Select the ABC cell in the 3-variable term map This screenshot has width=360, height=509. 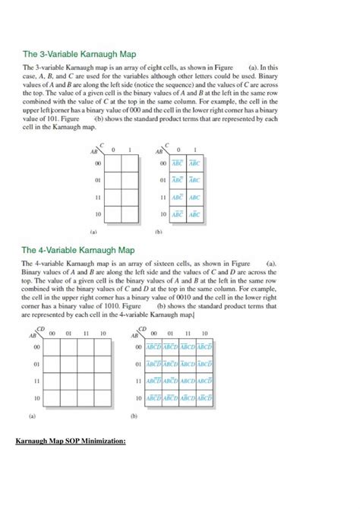(x=194, y=197)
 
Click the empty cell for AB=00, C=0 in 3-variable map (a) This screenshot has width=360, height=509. (x=112, y=163)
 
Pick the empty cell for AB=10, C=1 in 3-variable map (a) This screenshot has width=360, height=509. (x=130, y=215)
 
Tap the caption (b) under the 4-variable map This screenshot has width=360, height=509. (x=134, y=416)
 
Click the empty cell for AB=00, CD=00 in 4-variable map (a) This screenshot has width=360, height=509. (x=53, y=347)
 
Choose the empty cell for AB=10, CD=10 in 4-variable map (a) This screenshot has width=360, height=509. (x=103, y=398)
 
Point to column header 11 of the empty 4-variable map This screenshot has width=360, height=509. (x=87, y=333)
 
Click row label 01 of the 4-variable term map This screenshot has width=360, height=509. (x=138, y=364)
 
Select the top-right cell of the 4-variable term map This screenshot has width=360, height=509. (x=204, y=347)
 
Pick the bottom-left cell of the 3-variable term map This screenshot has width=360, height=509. (x=176, y=215)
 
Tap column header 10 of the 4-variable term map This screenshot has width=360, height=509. (x=204, y=333)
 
